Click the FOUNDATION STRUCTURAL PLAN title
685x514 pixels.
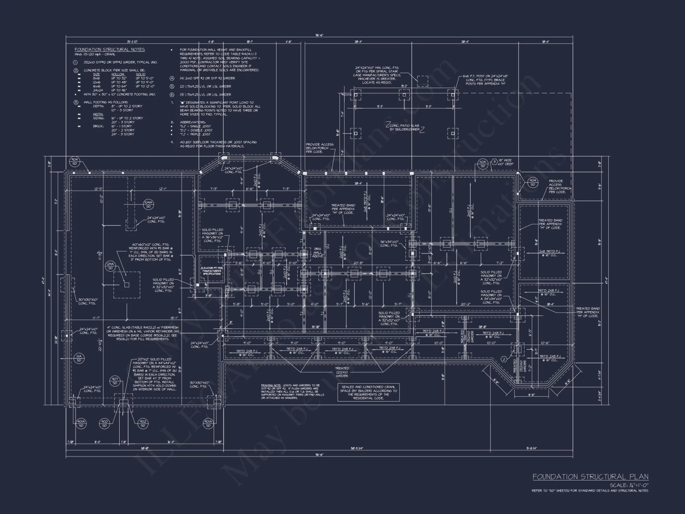click(590, 477)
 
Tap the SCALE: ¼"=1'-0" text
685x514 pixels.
click(629, 485)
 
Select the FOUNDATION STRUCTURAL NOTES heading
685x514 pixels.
click(110, 50)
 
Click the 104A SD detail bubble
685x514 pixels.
click(148, 205)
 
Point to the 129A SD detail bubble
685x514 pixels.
click(110, 266)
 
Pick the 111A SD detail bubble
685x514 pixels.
click(79, 358)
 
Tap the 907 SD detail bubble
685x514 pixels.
click(115, 381)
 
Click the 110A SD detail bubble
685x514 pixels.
click(483, 164)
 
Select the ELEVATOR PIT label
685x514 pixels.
click(212, 271)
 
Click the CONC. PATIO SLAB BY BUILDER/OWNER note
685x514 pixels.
click(404, 127)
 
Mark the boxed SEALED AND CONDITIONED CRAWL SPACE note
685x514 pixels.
click(368, 393)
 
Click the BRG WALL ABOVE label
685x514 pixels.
click(317, 253)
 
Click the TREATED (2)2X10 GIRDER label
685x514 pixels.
click(342, 372)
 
